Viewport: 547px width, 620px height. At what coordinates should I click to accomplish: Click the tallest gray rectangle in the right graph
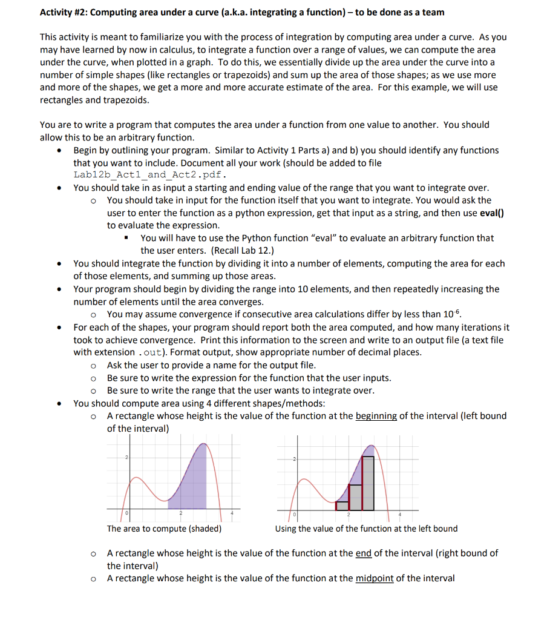[368, 483]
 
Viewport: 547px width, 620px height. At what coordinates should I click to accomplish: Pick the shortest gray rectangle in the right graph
[342, 506]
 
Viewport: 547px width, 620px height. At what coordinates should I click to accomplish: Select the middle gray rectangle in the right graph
[355, 497]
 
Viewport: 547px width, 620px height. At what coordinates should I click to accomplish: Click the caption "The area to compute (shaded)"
[164, 529]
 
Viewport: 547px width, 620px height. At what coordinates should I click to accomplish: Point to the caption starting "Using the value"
[366, 529]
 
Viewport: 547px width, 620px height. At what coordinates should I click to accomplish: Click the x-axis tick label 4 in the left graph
[232, 514]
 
